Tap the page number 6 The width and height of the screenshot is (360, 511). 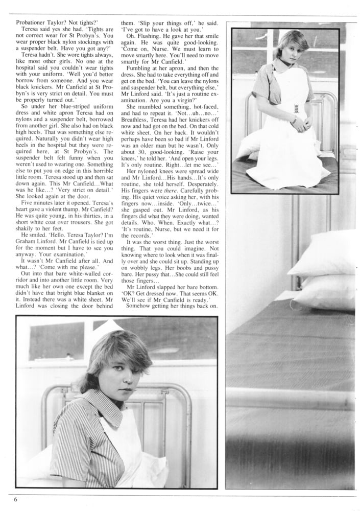click(16, 499)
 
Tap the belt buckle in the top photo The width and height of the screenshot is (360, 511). click(296, 109)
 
